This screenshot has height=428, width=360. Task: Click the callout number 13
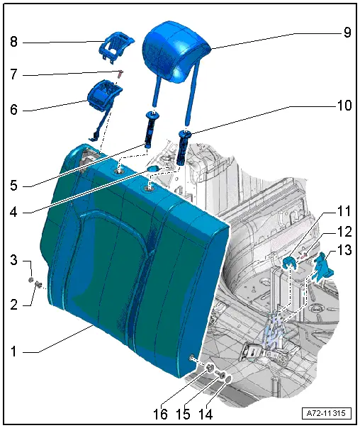click(345, 249)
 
